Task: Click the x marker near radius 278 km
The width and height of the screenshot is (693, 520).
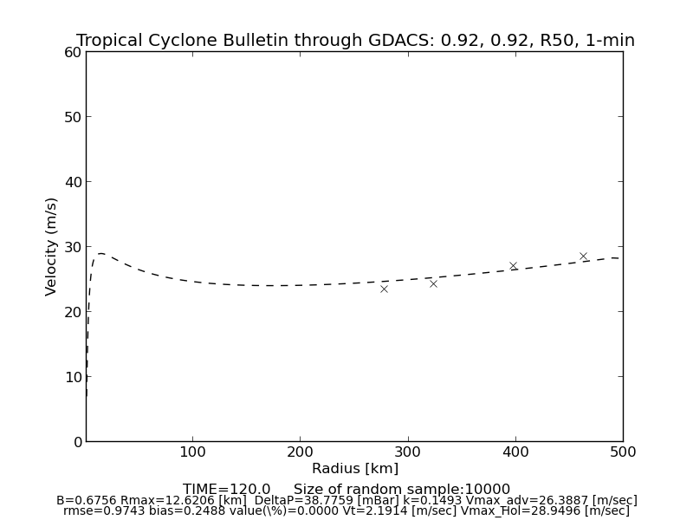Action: [384, 289]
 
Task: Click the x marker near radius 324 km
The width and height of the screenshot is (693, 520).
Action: [433, 283]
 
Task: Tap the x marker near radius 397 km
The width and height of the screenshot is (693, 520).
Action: [513, 266]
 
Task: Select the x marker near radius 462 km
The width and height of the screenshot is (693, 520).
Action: [583, 257]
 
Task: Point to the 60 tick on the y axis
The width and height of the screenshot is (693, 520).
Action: [72, 52]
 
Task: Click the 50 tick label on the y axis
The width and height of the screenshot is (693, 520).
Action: [72, 117]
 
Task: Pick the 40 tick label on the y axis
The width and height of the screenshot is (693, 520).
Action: [72, 182]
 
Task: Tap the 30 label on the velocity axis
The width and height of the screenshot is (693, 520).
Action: [72, 247]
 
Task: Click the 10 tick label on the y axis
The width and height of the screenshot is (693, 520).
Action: [72, 377]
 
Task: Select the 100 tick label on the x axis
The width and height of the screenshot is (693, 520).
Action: [192, 452]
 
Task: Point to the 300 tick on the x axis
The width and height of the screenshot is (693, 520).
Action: [407, 452]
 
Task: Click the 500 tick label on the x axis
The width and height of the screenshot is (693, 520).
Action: [622, 452]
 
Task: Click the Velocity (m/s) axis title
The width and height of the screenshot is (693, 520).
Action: [52, 246]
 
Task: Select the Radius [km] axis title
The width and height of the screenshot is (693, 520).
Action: [355, 469]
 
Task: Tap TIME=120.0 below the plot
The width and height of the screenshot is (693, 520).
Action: [226, 490]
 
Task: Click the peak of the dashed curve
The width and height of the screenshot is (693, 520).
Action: [100, 253]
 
